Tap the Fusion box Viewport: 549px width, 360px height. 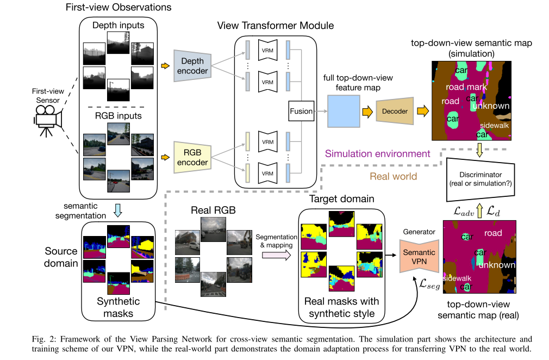301,111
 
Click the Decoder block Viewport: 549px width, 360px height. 395,111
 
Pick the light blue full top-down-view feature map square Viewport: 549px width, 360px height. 344,111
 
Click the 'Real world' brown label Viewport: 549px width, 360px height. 394,177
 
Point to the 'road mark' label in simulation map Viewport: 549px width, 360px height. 466,86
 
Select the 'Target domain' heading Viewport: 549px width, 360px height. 341,199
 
